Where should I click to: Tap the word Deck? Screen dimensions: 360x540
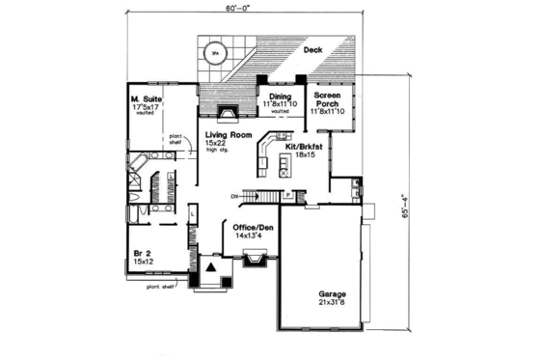point(311,49)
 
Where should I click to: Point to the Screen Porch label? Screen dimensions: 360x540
point(328,99)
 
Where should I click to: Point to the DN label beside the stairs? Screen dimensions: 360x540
point(234,197)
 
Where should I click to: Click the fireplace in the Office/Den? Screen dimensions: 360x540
point(256,259)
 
